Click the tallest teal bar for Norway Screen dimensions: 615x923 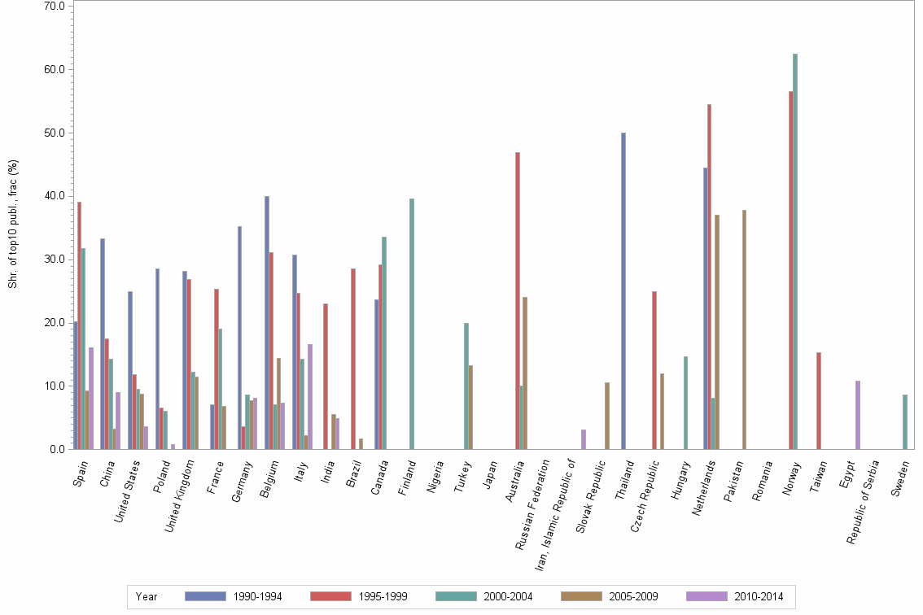[x=795, y=251]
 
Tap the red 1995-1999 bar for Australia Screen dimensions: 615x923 [x=518, y=300]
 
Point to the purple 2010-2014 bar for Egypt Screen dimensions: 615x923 [x=858, y=415]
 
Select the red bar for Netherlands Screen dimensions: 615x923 [x=709, y=277]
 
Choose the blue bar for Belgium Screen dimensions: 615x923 [x=267, y=322]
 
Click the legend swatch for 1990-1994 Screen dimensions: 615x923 [x=205, y=596]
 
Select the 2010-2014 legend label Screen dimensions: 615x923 [x=759, y=596]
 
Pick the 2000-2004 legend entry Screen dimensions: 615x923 [x=508, y=596]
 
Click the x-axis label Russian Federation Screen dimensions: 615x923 [x=534, y=504]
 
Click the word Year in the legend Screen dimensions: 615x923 [x=147, y=596]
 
